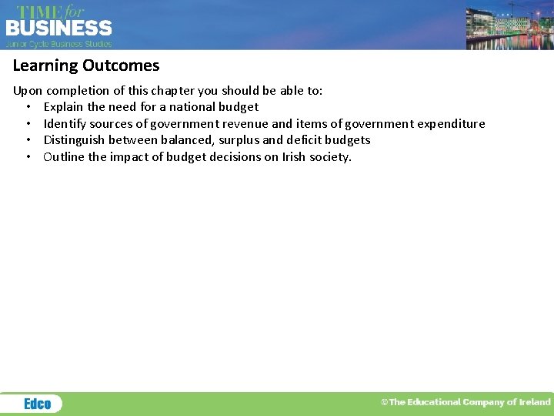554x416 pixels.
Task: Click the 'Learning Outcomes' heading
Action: click(x=86, y=66)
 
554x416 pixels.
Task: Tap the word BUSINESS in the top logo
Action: click(x=58, y=29)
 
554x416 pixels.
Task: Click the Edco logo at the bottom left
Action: click(x=37, y=404)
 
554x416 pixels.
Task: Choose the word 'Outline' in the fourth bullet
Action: click(x=65, y=157)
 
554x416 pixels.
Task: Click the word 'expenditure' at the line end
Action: click(x=451, y=124)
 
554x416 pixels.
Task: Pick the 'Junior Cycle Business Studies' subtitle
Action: click(x=59, y=44)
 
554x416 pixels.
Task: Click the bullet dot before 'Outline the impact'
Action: click(x=28, y=157)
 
